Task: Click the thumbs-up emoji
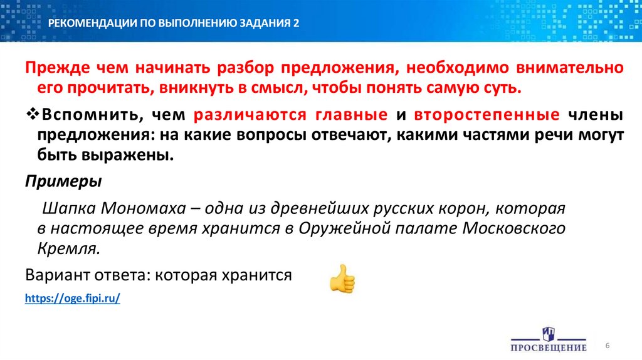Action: [342, 279]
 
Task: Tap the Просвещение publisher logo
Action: [548, 339]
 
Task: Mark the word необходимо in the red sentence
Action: [455, 67]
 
